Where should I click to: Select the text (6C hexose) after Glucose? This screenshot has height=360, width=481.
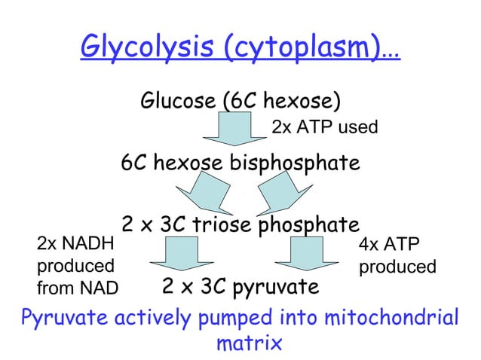[x=278, y=101]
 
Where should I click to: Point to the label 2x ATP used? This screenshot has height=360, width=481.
[x=324, y=127]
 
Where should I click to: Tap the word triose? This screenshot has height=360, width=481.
[x=225, y=224]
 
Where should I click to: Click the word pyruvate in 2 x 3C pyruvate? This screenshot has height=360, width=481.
[x=274, y=288]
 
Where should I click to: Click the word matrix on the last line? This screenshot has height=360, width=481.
[x=249, y=344]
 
